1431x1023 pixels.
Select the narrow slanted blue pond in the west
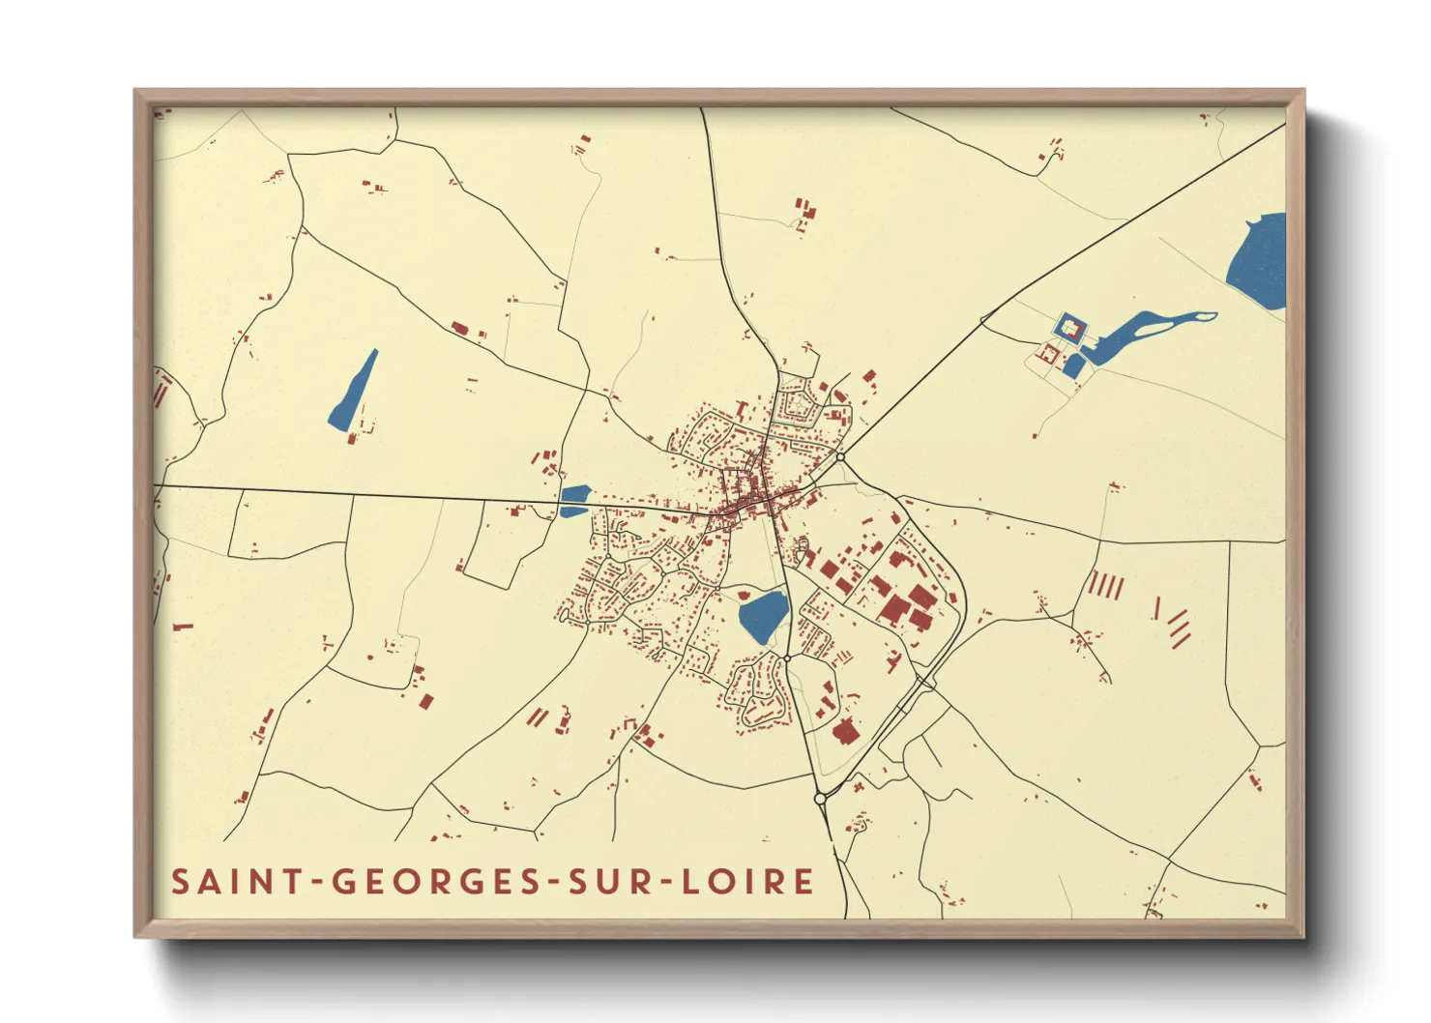(353, 391)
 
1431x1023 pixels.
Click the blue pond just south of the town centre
(764, 616)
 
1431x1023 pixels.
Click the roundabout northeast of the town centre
(841, 456)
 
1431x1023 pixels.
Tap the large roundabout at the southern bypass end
(820, 799)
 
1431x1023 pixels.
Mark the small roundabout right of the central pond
(788, 658)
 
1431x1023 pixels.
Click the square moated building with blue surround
(1068, 329)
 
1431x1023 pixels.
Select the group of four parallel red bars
(1106, 585)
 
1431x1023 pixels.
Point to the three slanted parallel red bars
(1179, 628)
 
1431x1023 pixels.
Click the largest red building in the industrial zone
(894, 609)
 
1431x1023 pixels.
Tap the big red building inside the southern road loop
(845, 732)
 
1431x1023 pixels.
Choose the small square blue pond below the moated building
(1073, 366)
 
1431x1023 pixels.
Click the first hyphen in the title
(318, 883)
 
